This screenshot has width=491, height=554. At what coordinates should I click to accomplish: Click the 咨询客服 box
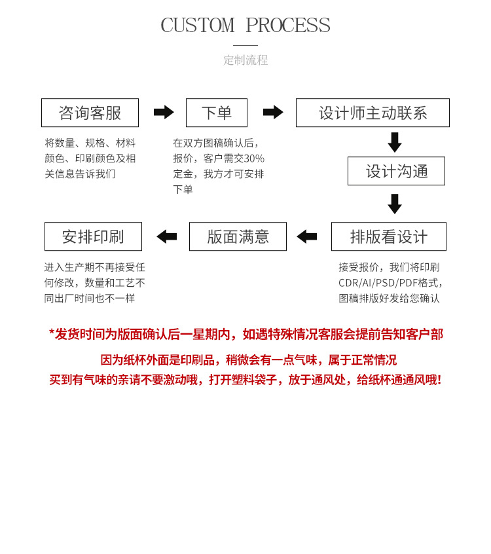90,113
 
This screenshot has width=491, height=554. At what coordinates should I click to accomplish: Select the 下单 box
216,113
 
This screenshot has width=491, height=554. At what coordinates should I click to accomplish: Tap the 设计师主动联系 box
373,113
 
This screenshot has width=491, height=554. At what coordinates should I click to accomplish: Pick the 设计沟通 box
396,171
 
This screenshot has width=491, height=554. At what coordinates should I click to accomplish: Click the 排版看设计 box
388,236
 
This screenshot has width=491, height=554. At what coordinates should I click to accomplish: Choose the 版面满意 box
238,236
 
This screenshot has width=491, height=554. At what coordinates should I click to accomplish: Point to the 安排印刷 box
93,236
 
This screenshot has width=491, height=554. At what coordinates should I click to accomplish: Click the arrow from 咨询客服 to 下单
164,112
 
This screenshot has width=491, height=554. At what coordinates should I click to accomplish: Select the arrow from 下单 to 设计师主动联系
273,112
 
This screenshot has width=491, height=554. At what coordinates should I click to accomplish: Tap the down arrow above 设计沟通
395,142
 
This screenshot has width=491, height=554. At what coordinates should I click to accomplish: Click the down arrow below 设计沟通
395,204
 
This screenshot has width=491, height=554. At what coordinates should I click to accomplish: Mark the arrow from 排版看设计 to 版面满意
306,236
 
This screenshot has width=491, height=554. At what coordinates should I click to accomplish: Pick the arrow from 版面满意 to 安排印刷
166,236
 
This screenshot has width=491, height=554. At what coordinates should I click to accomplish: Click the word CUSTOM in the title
197,26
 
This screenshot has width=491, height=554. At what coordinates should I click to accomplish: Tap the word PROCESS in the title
288,26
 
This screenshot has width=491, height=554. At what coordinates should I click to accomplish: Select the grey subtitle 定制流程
245,60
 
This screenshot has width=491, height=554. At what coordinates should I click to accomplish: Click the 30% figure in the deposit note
254,158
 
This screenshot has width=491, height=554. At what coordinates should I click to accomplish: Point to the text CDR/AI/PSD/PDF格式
390,283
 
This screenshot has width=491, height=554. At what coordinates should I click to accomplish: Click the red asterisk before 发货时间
52,333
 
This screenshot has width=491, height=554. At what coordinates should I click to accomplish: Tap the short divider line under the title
245,45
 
